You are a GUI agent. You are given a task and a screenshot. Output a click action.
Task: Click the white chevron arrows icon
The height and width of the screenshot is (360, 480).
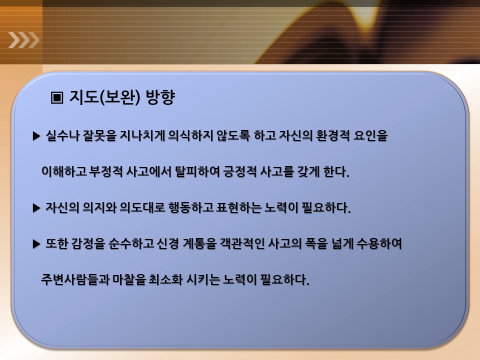[24, 40]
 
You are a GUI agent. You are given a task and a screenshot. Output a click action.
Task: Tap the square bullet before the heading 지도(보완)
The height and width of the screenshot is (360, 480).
[57, 97]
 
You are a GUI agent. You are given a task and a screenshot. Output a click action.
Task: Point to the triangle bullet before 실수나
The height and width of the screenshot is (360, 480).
[36, 136]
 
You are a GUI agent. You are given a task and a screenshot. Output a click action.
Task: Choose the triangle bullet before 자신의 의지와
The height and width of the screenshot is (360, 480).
[36, 208]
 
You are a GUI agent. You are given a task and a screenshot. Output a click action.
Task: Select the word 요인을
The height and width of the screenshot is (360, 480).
[370, 135]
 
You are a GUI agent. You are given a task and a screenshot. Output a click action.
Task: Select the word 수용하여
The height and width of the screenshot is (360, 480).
[379, 244]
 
